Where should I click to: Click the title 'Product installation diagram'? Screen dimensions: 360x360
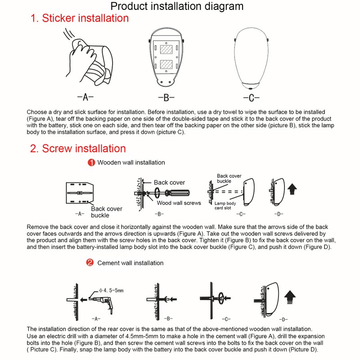(177, 6)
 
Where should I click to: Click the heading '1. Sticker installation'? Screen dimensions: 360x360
(79, 18)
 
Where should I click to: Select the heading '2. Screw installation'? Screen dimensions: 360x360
(78, 148)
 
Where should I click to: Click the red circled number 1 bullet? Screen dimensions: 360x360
(91, 162)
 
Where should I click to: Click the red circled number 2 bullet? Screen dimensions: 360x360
(90, 262)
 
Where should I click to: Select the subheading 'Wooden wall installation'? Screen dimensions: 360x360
(131, 162)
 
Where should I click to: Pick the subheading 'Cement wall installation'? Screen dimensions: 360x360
(130, 263)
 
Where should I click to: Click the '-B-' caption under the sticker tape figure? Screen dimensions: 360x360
(166, 98)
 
